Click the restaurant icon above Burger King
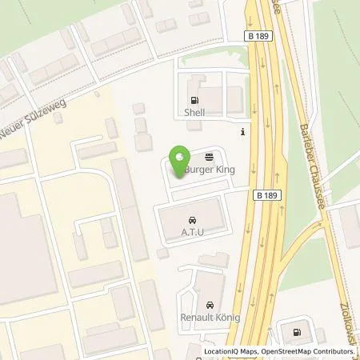[x=209, y=158]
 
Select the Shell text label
[x=194, y=113]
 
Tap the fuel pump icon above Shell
[x=194, y=101]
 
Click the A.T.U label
[x=191, y=231]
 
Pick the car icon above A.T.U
[x=191, y=219]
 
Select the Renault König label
[x=209, y=318]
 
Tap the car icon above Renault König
[x=209, y=306]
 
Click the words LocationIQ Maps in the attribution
[x=230, y=351]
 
